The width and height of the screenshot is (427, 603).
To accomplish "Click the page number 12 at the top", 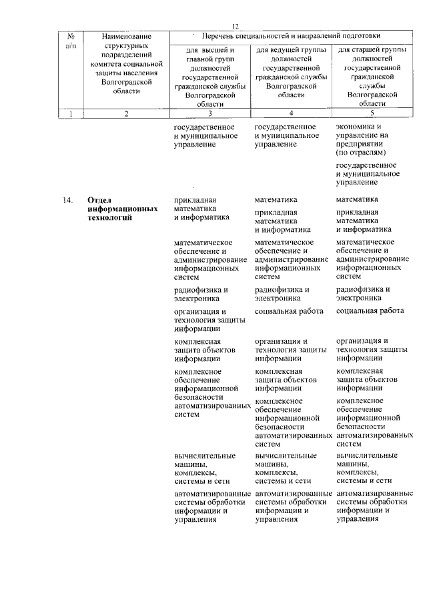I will [235, 25].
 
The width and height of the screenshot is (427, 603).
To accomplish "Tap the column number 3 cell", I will [210, 113].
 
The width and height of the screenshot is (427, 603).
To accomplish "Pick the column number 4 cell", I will [292, 113].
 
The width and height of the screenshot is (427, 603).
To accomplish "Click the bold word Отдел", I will [99, 200].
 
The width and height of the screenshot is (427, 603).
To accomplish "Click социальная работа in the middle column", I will [289, 311].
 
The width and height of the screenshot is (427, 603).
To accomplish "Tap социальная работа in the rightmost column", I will [370, 311].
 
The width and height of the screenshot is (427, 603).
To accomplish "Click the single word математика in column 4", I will [276, 199].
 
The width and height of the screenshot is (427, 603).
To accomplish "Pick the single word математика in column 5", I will [357, 199].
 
